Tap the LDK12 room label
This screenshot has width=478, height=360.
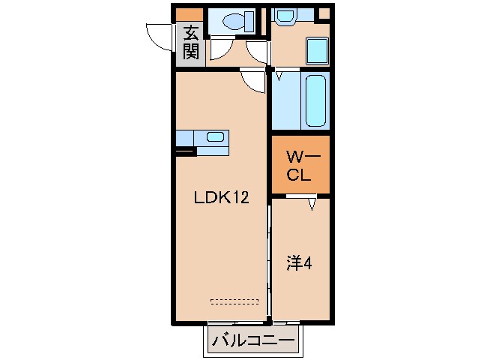pos(221,198)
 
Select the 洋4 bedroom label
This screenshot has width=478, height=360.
pos(300,263)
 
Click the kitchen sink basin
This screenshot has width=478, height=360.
pos(215,137)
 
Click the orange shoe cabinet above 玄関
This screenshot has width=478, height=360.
pos(189,13)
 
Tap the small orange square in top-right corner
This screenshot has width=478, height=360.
pos(324,13)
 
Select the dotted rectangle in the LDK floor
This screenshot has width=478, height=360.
pos(235,301)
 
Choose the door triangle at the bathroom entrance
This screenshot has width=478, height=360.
pos(278,76)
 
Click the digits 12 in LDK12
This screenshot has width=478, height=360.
pos(238,198)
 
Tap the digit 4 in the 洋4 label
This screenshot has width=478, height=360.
pos(308,263)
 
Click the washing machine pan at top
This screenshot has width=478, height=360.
pos(285,15)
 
